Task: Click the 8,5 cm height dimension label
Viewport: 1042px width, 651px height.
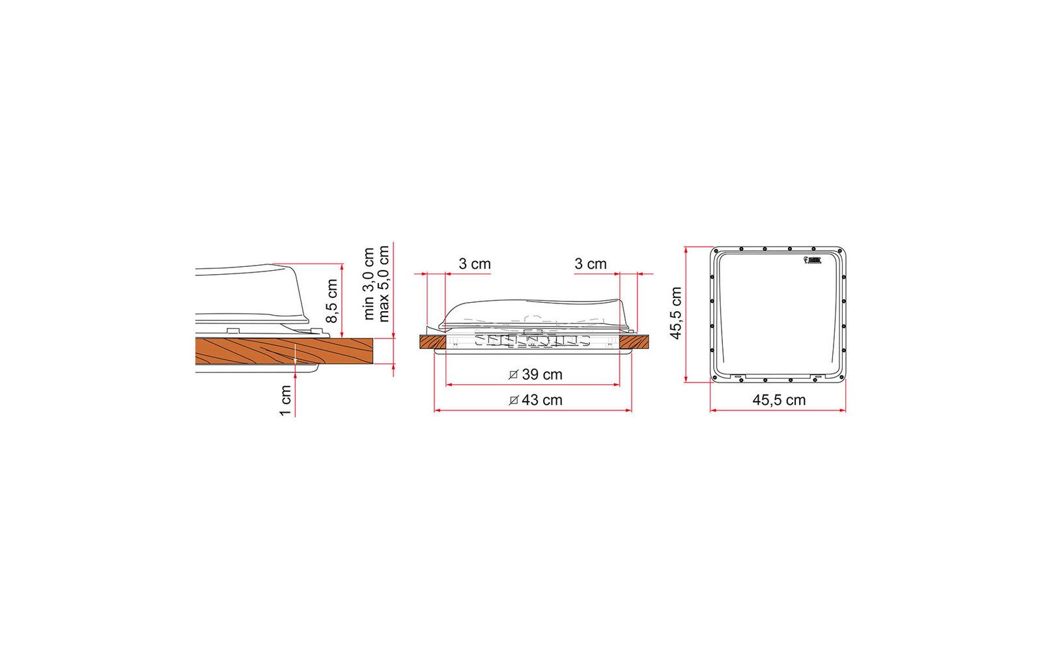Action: coord(332,301)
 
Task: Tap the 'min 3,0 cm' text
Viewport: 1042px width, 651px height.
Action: coord(369,283)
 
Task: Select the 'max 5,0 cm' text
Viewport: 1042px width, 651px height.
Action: coord(384,283)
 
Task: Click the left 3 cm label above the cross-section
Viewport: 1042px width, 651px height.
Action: coord(475,264)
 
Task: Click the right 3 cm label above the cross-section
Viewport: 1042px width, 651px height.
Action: coord(591,264)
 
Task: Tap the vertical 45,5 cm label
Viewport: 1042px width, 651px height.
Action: coord(675,313)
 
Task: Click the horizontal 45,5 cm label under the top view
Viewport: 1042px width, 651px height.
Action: coord(779,400)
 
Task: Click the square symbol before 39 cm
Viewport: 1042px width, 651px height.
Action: coord(513,375)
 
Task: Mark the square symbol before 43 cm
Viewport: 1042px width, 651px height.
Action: coord(513,400)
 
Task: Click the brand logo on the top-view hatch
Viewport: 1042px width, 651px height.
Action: coord(814,261)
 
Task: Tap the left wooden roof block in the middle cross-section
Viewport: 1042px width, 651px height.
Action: coord(431,342)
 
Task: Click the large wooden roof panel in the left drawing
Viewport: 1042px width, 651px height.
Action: coord(287,351)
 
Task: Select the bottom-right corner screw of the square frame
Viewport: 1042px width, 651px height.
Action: coord(841,378)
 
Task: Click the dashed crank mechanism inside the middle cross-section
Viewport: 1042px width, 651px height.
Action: coord(531,341)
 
